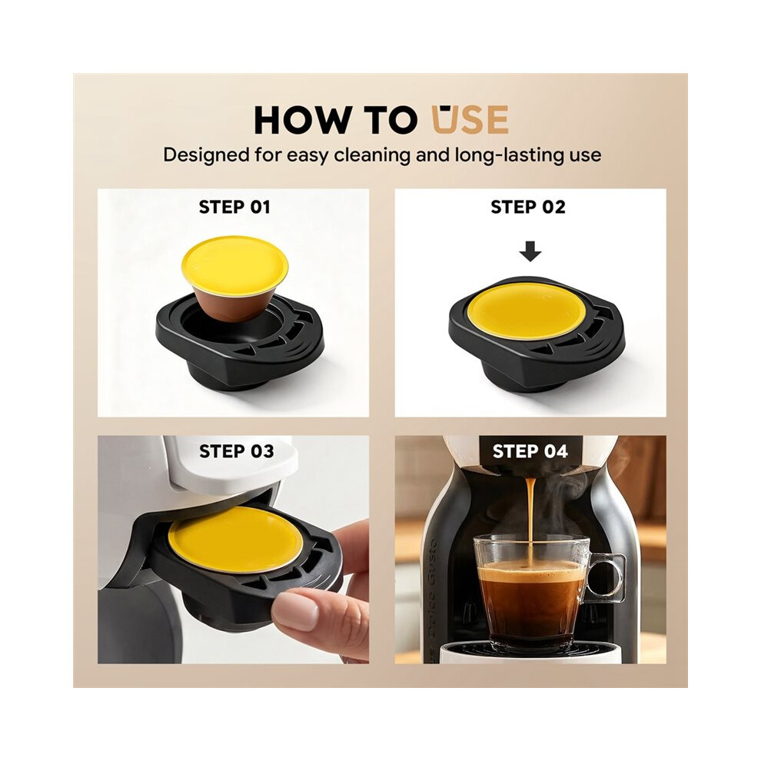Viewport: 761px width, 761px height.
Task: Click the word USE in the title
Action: pyautogui.click(x=470, y=118)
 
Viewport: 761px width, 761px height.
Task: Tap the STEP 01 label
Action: pyautogui.click(x=234, y=208)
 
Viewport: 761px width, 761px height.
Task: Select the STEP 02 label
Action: pyautogui.click(x=528, y=208)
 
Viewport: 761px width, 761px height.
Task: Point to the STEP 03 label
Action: pyautogui.click(x=236, y=451)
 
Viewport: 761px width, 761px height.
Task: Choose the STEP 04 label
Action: pyautogui.click(x=530, y=451)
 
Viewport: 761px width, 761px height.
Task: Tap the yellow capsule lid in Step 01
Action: pyautogui.click(x=235, y=263)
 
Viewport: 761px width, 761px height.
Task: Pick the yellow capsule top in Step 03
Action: pyautogui.click(x=235, y=539)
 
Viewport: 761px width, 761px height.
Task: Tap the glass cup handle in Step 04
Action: pyautogui.click(x=606, y=577)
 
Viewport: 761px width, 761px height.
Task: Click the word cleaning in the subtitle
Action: pyautogui.click(x=391, y=155)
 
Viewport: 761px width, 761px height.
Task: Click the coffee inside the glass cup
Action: pyautogui.click(x=530, y=600)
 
